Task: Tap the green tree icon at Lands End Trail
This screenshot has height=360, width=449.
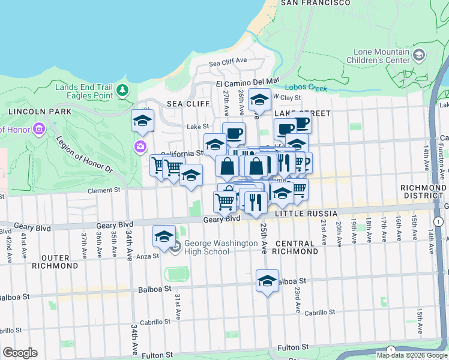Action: coord(122,91)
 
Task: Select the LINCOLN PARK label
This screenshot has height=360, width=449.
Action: coord(32,112)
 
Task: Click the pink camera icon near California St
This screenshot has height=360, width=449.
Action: coord(140,146)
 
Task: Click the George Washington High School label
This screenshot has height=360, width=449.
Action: coord(206,247)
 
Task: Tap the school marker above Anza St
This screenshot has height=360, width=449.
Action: coord(164,236)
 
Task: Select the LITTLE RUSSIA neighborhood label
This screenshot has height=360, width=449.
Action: coord(300,214)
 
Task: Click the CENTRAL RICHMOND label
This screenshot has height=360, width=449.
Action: coord(295,247)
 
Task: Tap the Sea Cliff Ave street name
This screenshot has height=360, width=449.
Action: coord(228,62)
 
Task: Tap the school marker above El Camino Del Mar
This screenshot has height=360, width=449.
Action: coord(259,99)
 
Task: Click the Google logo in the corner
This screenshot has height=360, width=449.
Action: coord(20,353)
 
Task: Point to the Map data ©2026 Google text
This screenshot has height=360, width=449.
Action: coord(411,355)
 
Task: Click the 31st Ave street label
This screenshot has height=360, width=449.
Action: coord(178,307)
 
